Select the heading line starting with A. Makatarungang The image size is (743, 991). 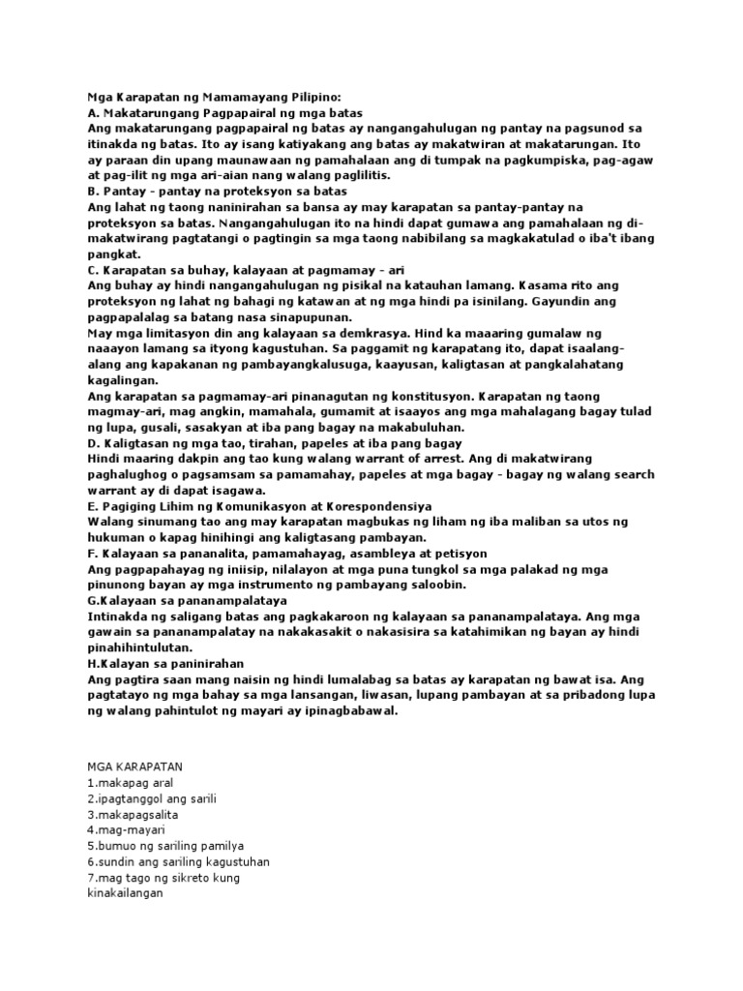[223, 112]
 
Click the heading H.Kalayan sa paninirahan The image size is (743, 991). [165, 663]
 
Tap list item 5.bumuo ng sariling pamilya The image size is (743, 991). [165, 846]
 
